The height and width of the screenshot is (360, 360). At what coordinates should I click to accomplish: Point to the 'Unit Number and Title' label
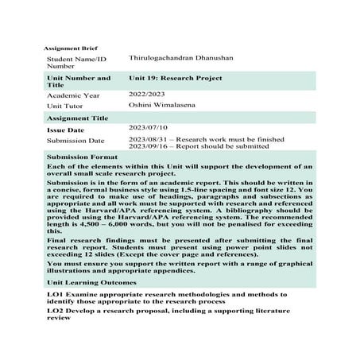tap(79, 83)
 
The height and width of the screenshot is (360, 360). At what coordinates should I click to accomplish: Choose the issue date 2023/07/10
tap(148, 127)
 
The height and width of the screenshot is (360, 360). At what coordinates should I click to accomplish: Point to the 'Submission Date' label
tap(76, 140)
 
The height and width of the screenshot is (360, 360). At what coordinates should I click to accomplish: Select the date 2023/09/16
tap(147, 146)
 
